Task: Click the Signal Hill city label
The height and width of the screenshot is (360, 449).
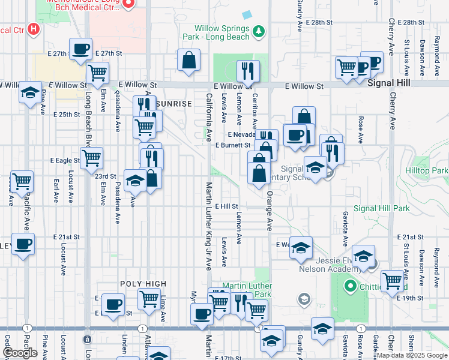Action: click(x=389, y=83)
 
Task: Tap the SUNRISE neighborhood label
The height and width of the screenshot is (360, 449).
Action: click(x=173, y=104)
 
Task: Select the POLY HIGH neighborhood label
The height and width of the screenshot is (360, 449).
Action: click(x=142, y=284)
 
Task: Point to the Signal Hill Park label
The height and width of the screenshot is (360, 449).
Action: click(x=382, y=208)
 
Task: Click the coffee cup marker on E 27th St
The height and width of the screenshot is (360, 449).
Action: click(x=80, y=49)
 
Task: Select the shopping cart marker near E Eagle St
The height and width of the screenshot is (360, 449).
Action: click(x=91, y=158)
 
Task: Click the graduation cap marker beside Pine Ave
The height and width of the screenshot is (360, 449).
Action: click(x=30, y=93)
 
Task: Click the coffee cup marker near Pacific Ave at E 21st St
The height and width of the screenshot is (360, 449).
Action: click(x=23, y=244)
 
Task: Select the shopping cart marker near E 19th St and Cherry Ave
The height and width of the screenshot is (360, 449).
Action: click(x=393, y=280)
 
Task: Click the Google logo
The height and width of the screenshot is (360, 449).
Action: click(x=20, y=353)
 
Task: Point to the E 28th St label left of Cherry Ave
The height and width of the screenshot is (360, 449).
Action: click(x=318, y=22)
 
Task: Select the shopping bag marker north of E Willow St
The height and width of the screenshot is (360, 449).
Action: click(x=188, y=60)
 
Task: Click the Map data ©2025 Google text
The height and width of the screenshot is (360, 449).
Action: click(x=412, y=355)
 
